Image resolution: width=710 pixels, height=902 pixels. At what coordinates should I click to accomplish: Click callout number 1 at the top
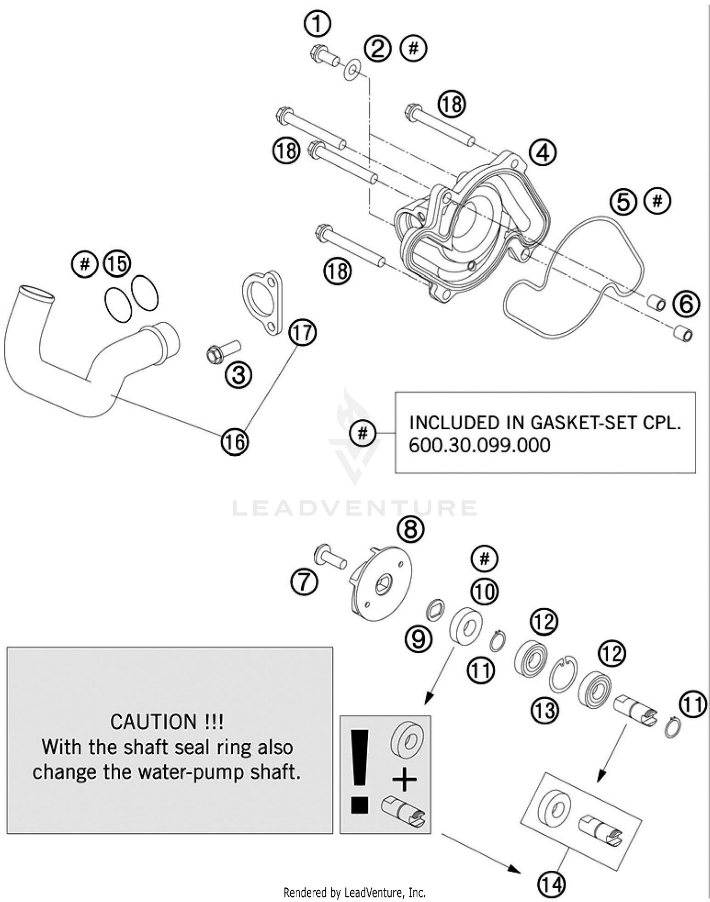(317, 24)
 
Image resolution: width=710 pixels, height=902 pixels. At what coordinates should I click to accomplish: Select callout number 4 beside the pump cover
(542, 153)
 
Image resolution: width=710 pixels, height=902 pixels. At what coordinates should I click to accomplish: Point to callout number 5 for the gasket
(623, 202)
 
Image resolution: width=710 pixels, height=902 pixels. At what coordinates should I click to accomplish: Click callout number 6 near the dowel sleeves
(686, 305)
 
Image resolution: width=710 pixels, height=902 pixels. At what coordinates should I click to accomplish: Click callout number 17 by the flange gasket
(302, 333)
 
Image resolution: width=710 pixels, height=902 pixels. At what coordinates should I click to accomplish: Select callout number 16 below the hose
(235, 442)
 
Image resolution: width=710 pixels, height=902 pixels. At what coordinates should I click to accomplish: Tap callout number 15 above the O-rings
(117, 263)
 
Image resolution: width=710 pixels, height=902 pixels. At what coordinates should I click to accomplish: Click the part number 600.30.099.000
(479, 446)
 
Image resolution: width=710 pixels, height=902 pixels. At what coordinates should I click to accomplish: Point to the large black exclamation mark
(360, 772)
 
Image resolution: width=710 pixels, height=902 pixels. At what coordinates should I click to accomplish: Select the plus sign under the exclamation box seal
(405, 779)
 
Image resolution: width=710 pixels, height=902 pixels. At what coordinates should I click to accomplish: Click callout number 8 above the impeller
(410, 529)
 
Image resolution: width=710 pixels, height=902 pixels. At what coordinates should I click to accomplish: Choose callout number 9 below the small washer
(418, 640)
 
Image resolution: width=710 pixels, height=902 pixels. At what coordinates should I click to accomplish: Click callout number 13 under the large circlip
(544, 711)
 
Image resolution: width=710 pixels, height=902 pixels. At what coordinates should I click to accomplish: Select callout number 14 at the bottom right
(552, 884)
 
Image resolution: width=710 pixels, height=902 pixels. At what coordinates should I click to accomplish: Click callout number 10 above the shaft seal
(484, 592)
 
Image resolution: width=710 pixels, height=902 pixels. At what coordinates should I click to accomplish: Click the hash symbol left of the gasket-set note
(363, 433)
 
